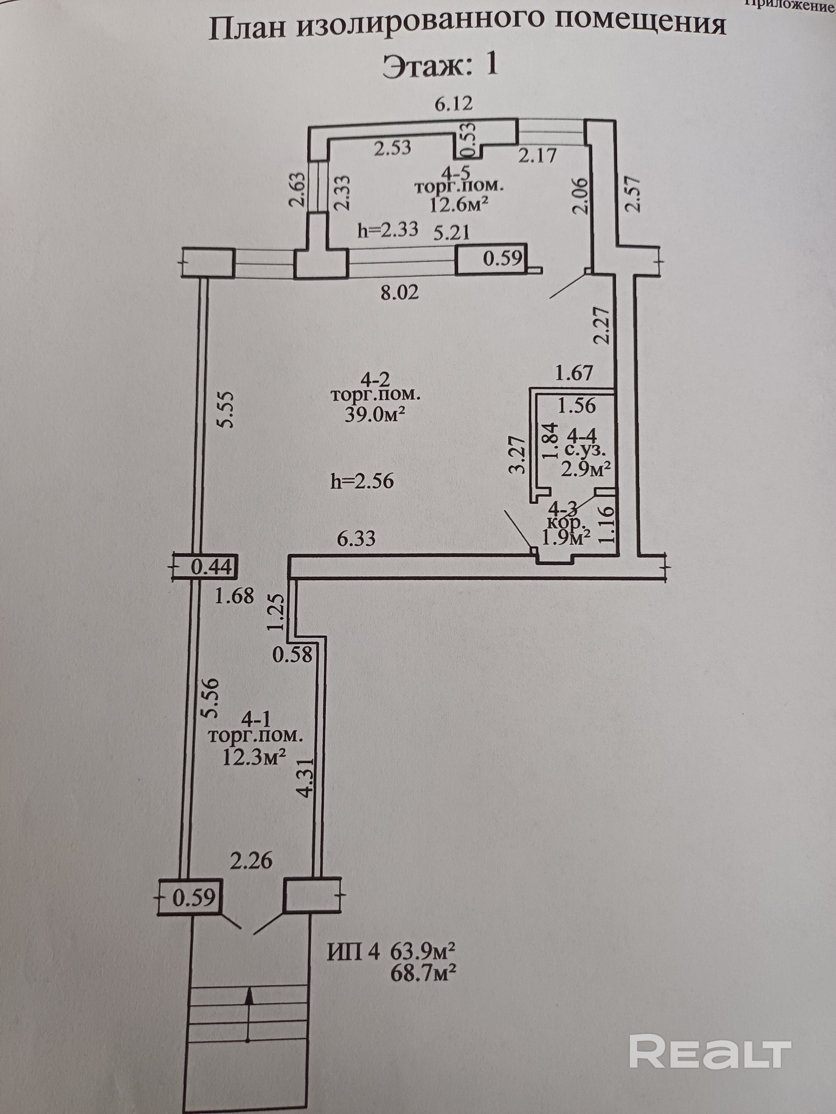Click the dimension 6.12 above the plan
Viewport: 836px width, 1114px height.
tap(454, 104)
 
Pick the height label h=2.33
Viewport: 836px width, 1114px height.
tap(388, 230)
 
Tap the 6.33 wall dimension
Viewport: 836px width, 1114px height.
tap(356, 539)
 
